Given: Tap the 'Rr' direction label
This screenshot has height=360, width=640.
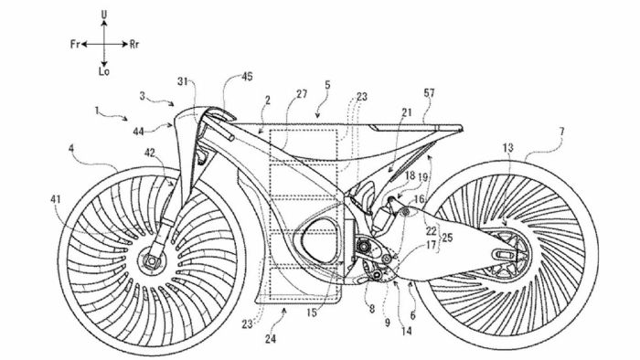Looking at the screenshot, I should (x=134, y=42).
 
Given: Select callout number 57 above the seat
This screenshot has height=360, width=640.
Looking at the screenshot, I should (x=429, y=92).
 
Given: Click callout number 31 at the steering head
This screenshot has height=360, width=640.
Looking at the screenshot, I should (x=183, y=81).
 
